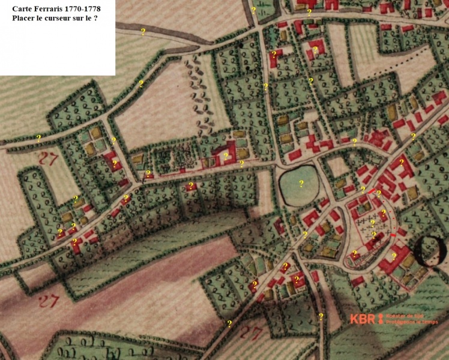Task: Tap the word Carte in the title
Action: click(x=23, y=8)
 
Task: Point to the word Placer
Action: click(x=25, y=19)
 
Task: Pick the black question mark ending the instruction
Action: click(x=95, y=19)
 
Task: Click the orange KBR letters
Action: click(x=362, y=319)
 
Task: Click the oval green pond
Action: click(x=300, y=185)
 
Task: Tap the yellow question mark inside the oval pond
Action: click(x=301, y=183)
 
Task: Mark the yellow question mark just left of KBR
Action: click(x=321, y=316)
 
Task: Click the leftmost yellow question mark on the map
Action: click(x=38, y=137)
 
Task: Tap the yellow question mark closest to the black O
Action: click(x=394, y=256)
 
